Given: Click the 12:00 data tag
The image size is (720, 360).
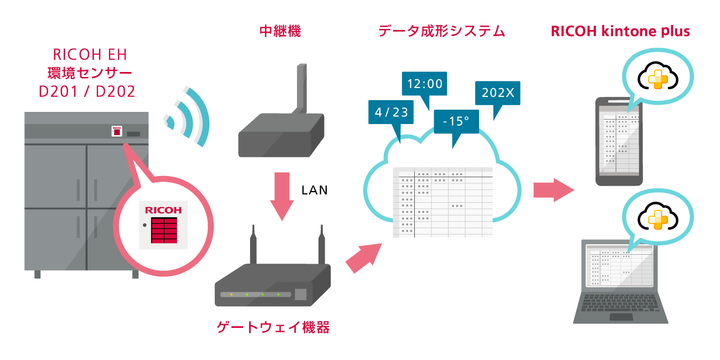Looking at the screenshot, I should tap(425, 84).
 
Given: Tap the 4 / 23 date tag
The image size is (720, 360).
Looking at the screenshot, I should tap(391, 112).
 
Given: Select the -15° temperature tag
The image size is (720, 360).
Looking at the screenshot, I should tap(456, 121).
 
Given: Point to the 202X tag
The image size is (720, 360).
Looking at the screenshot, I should tap(497, 93).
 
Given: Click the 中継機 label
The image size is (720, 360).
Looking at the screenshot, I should tap(280, 31).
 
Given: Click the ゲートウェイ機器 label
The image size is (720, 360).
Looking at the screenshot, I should tap(273, 327).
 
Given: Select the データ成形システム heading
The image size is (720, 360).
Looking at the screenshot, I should tap(441, 31).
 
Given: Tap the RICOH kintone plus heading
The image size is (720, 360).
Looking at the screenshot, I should tap(620, 31).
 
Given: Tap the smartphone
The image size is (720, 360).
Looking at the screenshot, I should tap(619, 142).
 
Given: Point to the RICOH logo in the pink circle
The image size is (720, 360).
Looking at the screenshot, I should tap(163, 210).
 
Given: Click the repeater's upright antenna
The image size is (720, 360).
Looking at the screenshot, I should tap(301, 89).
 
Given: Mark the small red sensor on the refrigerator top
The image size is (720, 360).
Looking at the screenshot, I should tap(117, 131).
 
